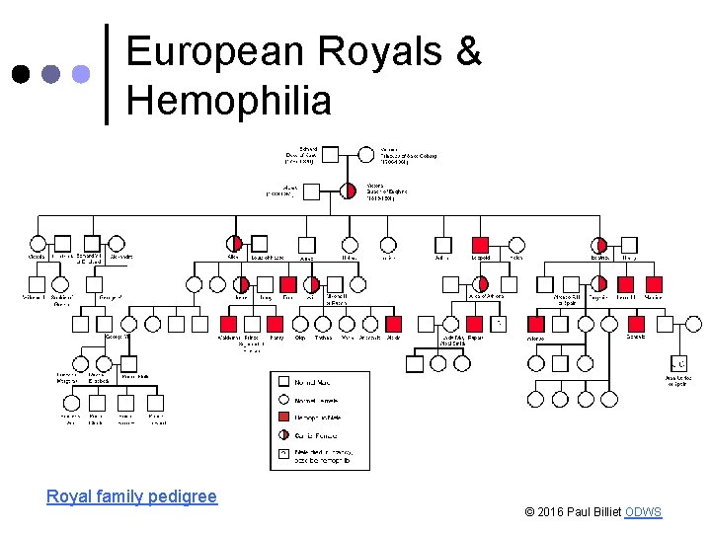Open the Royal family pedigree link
click(x=131, y=496)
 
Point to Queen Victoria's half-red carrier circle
click(x=349, y=190)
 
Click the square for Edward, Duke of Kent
click(x=330, y=154)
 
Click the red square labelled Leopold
click(x=481, y=245)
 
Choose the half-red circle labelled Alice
click(x=235, y=244)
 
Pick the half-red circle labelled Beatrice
click(x=600, y=245)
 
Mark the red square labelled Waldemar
click(x=228, y=323)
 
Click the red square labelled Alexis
click(x=394, y=323)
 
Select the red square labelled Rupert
click(x=474, y=323)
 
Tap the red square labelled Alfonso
click(x=537, y=323)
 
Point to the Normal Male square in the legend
click(x=283, y=381)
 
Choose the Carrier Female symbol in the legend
click(x=283, y=434)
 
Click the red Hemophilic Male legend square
click(x=283, y=417)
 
